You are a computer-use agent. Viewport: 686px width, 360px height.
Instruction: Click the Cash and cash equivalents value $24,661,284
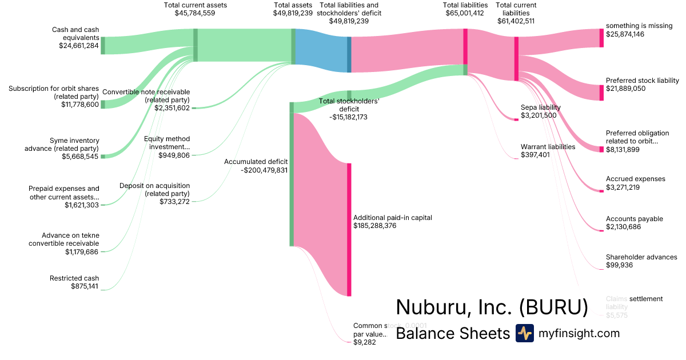[x=79, y=46]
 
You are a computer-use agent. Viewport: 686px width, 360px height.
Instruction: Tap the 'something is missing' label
[x=639, y=26]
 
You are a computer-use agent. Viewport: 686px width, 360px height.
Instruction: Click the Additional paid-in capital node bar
[x=349, y=229]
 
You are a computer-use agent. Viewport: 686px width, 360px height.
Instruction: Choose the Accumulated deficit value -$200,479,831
[x=256, y=170]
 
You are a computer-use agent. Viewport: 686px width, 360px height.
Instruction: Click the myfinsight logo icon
[x=524, y=333]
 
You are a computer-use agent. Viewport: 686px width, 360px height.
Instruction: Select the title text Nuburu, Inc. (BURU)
[x=492, y=307]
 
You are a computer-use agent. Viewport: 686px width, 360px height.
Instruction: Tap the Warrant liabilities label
[x=548, y=146]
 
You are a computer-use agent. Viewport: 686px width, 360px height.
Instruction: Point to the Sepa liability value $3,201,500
[x=539, y=115]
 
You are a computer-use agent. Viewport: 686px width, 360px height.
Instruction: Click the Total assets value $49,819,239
[x=293, y=13]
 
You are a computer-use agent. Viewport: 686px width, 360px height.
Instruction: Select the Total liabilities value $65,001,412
[x=465, y=13]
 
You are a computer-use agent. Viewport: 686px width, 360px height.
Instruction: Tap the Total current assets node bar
[x=196, y=45]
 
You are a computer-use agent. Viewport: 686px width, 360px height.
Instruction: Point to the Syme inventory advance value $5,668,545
[x=79, y=156]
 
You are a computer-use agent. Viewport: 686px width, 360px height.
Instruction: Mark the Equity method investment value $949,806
[x=174, y=155]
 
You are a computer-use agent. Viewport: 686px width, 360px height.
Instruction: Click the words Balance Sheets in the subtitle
[x=452, y=333]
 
